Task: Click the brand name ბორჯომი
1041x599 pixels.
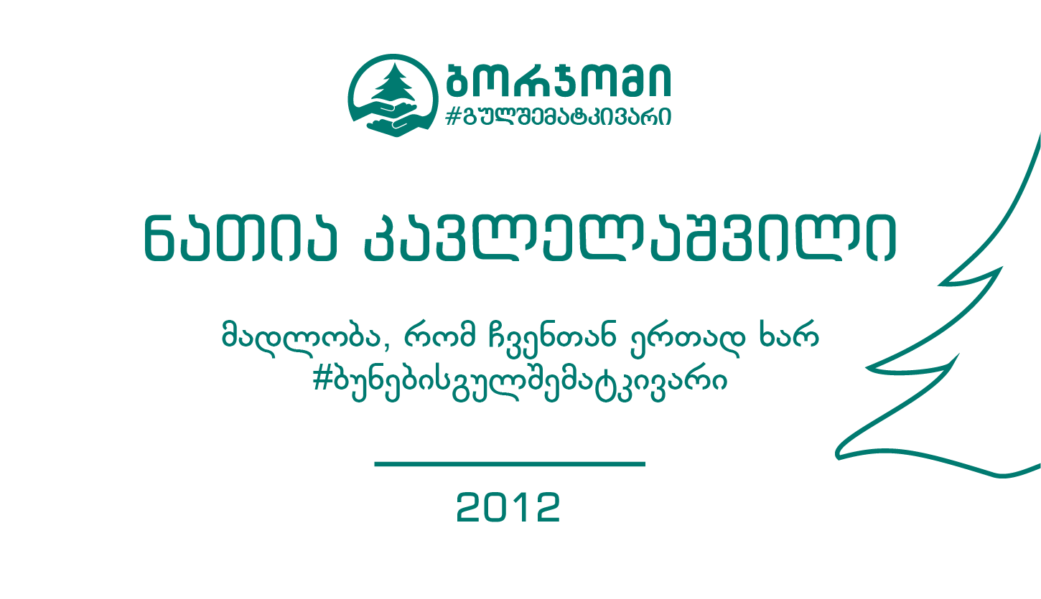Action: click(x=559, y=80)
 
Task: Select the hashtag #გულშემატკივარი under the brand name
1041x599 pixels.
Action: click(x=558, y=116)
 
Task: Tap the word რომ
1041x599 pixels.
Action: click(x=439, y=334)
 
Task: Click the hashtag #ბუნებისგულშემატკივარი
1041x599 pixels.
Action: click(x=520, y=382)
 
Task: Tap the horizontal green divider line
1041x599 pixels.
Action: click(x=510, y=464)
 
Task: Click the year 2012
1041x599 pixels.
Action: click(x=508, y=507)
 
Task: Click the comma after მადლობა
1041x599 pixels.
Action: click(x=387, y=348)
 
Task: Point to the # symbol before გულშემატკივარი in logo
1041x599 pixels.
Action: click(x=452, y=116)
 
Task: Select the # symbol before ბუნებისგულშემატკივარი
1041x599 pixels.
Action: click(x=322, y=379)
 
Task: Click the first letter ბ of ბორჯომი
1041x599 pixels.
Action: click(x=459, y=80)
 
